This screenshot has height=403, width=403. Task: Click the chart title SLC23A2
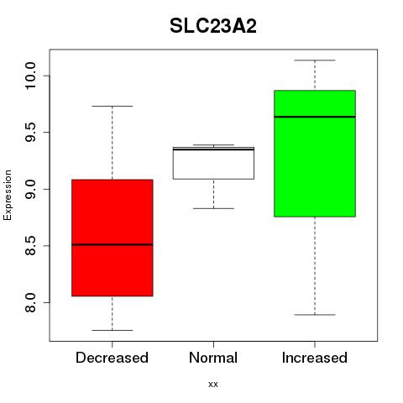click(x=213, y=26)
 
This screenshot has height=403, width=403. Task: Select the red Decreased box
click(x=113, y=238)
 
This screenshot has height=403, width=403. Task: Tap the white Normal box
click(x=213, y=163)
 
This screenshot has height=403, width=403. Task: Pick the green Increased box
click(x=315, y=154)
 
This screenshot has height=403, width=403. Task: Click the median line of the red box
click(x=113, y=244)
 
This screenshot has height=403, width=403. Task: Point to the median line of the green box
click(x=315, y=117)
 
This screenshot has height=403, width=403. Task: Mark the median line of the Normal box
click(x=213, y=149)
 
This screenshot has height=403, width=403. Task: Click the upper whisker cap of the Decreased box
click(x=113, y=106)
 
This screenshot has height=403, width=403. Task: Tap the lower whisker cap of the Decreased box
click(x=113, y=330)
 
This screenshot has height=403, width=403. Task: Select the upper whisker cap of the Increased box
click(x=315, y=60)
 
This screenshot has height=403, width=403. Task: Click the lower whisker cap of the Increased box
click(x=315, y=315)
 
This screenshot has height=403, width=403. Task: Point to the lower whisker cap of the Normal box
click(x=213, y=208)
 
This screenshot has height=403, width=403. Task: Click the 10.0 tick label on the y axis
click(x=30, y=76)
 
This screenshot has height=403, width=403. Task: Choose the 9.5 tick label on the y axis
click(x=30, y=133)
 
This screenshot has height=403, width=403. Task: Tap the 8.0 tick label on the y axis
click(x=30, y=302)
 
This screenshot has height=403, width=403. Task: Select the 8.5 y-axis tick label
click(x=30, y=246)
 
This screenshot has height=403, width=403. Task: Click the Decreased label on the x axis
click(x=112, y=358)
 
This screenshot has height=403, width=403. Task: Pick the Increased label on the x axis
click(x=315, y=358)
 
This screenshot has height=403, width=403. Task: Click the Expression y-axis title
click(x=8, y=195)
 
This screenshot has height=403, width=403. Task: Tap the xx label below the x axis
click(x=213, y=385)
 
